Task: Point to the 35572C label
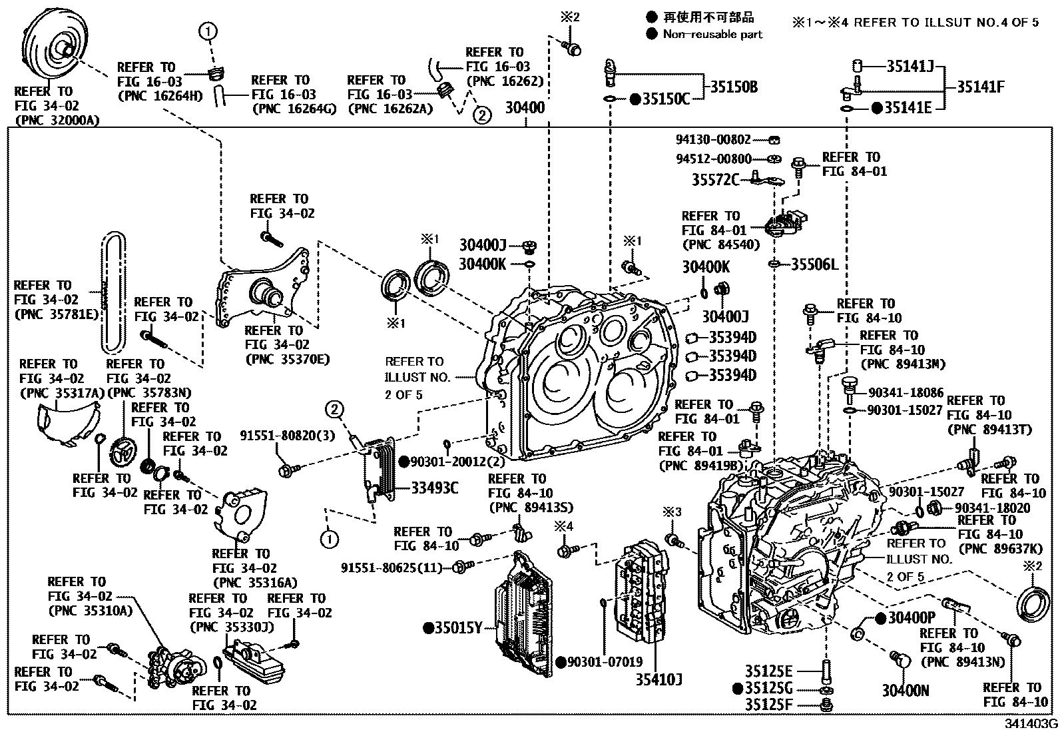coord(715,180)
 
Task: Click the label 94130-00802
coord(713,140)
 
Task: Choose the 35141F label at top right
coord(980,87)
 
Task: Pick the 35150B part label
coord(733,87)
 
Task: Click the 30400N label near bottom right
coord(906,691)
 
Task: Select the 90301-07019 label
coord(606,662)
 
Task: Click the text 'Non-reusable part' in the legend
coord(712,34)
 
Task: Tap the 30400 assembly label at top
coord(525,107)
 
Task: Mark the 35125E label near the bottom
coord(769,671)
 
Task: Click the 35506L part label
coord(814,264)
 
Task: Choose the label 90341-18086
coord(906,393)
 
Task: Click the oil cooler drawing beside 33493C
coord(378,468)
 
